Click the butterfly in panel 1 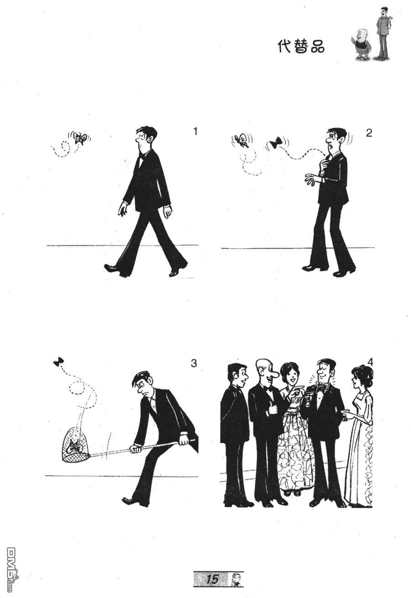(x=80, y=138)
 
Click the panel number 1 (x=195, y=132)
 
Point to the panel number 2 (x=369, y=133)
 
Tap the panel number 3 (x=194, y=364)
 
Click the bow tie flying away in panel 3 (x=58, y=361)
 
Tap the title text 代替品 (x=301, y=47)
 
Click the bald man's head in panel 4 (x=265, y=371)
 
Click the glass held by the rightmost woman (x=346, y=414)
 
